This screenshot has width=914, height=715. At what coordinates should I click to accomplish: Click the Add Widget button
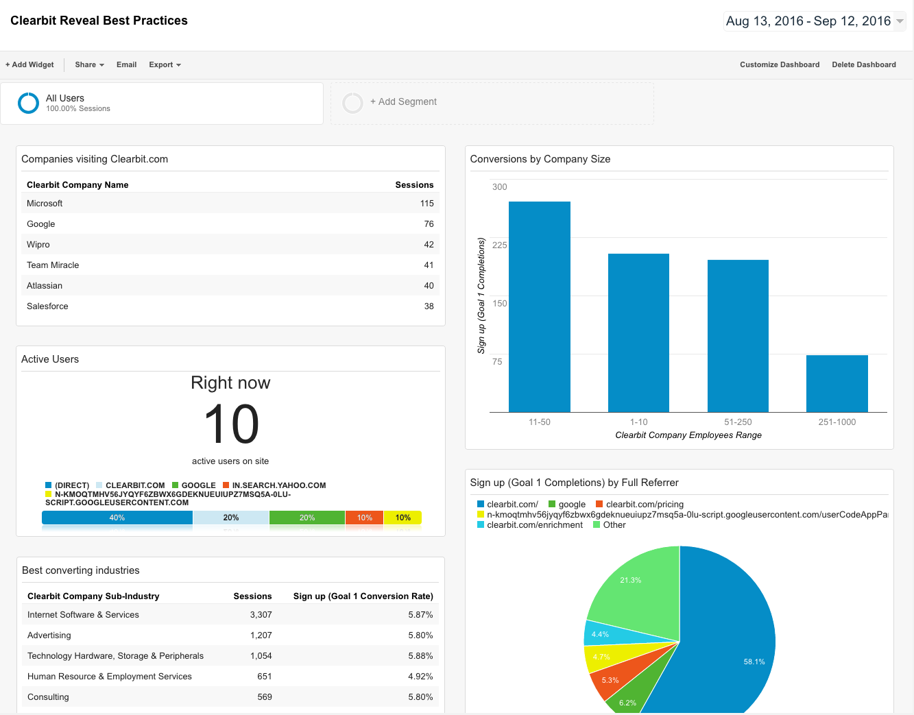coord(29,64)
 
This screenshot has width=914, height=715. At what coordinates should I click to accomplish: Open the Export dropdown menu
coord(165,64)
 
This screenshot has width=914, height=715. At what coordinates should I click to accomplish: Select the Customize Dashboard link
coord(779,64)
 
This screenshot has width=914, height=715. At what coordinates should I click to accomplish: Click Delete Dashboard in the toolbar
coord(863,64)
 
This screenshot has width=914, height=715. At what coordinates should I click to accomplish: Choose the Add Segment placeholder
coord(403,102)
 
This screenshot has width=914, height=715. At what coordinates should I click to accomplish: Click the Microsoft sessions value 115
coord(426,204)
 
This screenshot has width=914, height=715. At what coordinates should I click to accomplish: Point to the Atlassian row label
coord(45,286)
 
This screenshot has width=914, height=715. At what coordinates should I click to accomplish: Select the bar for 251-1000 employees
coord(837,383)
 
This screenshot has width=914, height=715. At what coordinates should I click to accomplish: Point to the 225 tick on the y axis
coord(499,245)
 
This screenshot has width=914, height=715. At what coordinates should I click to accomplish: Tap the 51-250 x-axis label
coord(738,422)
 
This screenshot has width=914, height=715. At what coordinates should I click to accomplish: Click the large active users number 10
coord(231,424)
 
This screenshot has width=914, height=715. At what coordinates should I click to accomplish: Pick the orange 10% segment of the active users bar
coord(364,518)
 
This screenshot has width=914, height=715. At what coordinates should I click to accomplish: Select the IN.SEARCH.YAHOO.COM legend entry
coord(278,485)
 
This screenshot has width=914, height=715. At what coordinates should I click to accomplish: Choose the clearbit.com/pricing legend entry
coord(644,505)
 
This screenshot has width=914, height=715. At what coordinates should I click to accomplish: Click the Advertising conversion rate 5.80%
coord(420,635)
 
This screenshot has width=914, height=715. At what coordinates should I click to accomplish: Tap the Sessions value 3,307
coord(261,615)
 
